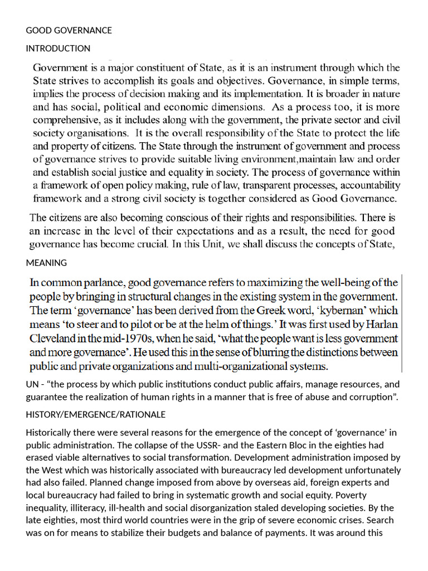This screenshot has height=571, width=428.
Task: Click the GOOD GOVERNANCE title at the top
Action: pos(69,30)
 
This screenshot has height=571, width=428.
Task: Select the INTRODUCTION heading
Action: pos(58,48)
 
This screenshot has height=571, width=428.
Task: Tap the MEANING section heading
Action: pos(46,263)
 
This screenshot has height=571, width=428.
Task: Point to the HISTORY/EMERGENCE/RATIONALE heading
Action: pos(95,415)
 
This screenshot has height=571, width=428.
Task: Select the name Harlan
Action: pos(380,324)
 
